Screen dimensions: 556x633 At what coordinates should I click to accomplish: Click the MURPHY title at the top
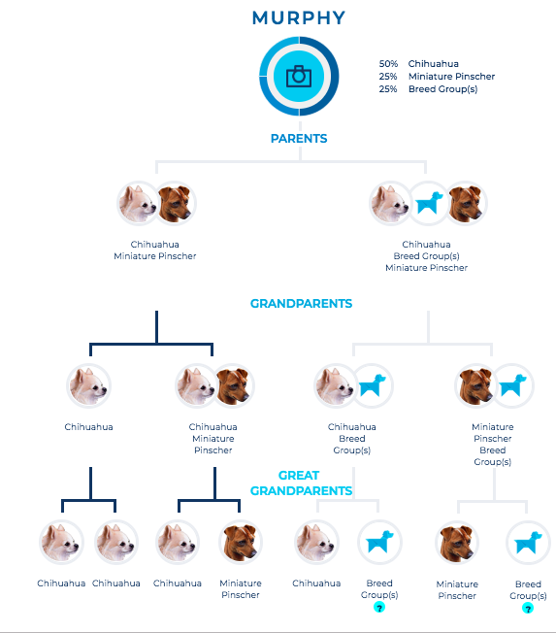pyautogui.click(x=299, y=18)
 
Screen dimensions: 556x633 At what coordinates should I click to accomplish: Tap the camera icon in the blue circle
pyautogui.click(x=299, y=76)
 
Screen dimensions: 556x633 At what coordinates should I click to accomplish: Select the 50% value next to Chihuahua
pyautogui.click(x=388, y=64)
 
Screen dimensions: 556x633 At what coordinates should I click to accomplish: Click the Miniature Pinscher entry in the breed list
pyautogui.click(x=451, y=77)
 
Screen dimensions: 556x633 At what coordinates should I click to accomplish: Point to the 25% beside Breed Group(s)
pyautogui.click(x=388, y=88)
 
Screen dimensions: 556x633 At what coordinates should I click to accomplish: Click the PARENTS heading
pyautogui.click(x=299, y=139)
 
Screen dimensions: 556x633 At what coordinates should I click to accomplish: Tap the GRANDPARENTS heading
pyautogui.click(x=301, y=304)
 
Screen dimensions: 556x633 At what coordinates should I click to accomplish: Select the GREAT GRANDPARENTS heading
pyautogui.click(x=301, y=483)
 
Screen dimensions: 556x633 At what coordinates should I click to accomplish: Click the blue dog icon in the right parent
pyautogui.click(x=429, y=203)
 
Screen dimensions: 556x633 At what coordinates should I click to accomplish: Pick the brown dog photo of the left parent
pyautogui.click(x=175, y=203)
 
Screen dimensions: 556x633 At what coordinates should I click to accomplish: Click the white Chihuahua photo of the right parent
pyautogui.click(x=390, y=203)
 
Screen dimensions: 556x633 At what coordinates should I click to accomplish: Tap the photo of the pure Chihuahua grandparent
pyautogui.click(x=88, y=385)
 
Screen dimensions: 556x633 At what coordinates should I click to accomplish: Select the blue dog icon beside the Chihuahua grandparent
pyautogui.click(x=372, y=385)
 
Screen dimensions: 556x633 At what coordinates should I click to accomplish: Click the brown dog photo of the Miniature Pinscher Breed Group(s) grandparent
pyautogui.click(x=475, y=385)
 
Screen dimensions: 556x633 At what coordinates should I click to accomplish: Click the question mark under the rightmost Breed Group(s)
pyautogui.click(x=528, y=608)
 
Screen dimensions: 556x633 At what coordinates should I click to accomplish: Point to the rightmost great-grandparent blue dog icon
pyautogui.click(x=527, y=543)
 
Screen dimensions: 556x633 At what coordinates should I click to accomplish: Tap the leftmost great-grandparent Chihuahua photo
pyautogui.click(x=61, y=542)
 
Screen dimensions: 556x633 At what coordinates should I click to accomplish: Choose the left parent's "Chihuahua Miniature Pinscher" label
pyautogui.click(x=155, y=250)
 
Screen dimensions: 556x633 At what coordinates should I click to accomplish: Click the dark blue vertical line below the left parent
pyautogui.click(x=156, y=327)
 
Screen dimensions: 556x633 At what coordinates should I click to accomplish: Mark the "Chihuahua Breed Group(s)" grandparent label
pyautogui.click(x=352, y=439)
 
